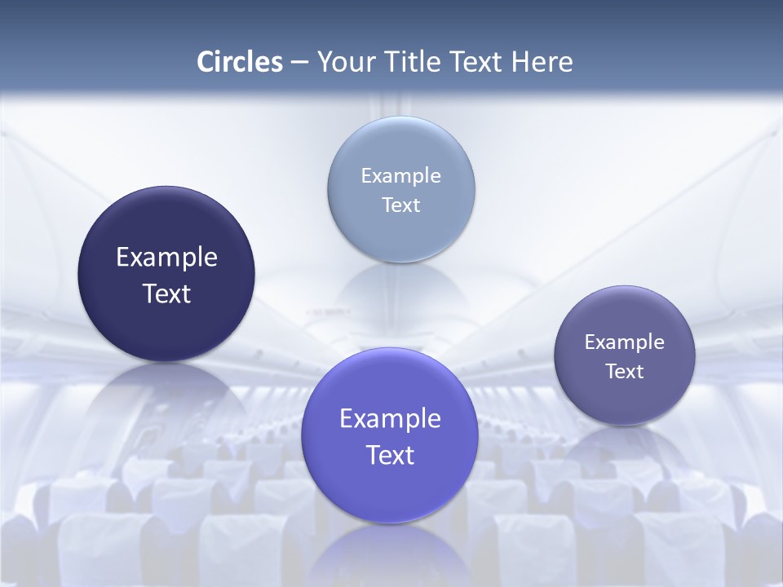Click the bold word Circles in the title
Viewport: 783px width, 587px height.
coord(240,62)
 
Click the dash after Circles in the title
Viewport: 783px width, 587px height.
coord(299,62)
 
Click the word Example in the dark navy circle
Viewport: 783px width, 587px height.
coord(166,258)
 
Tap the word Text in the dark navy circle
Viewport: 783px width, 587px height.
coord(166,293)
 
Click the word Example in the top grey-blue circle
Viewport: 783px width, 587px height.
coord(400,175)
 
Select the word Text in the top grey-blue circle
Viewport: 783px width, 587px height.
coord(400,205)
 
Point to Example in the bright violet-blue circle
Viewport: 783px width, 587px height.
coord(390,419)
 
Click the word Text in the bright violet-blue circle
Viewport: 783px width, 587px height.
coord(390,455)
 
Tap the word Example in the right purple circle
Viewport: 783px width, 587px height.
coord(625,342)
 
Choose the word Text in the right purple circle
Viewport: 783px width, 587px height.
coord(625,371)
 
